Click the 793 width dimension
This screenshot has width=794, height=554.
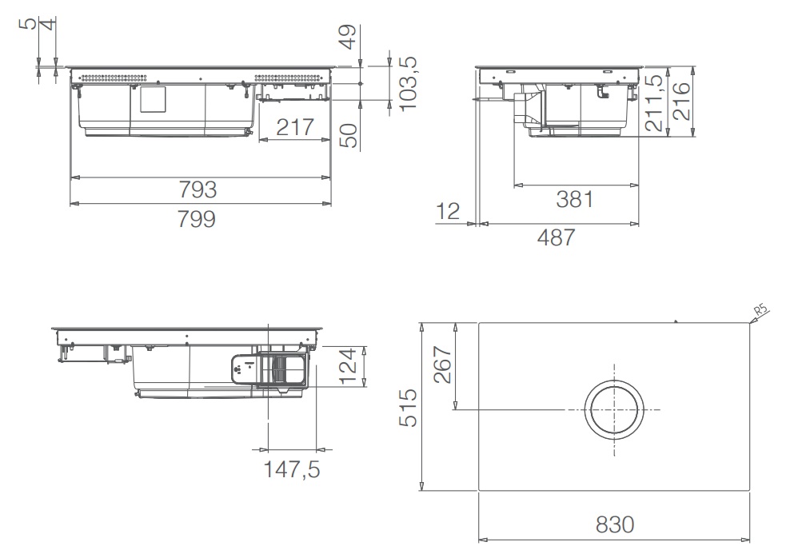pyautogui.click(x=198, y=190)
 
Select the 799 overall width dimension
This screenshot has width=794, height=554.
pyautogui.click(x=197, y=219)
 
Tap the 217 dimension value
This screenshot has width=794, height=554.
pyautogui.click(x=295, y=127)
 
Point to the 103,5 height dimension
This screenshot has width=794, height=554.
pyautogui.click(x=408, y=83)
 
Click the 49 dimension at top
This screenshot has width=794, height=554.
pyautogui.click(x=348, y=37)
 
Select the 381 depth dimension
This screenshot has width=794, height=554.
pyautogui.click(x=575, y=200)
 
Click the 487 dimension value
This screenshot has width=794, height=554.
pyautogui.click(x=557, y=237)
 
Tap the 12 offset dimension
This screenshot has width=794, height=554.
pyautogui.click(x=448, y=211)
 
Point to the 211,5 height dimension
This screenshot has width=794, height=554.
pyautogui.click(x=655, y=103)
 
